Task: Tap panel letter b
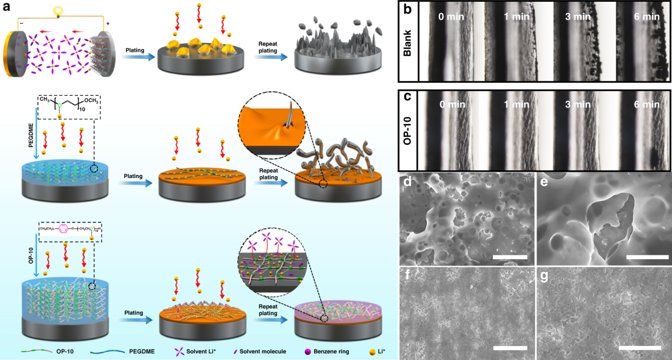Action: tap(407, 10)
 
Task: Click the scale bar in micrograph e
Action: tap(646, 256)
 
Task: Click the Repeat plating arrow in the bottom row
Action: tap(267, 321)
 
